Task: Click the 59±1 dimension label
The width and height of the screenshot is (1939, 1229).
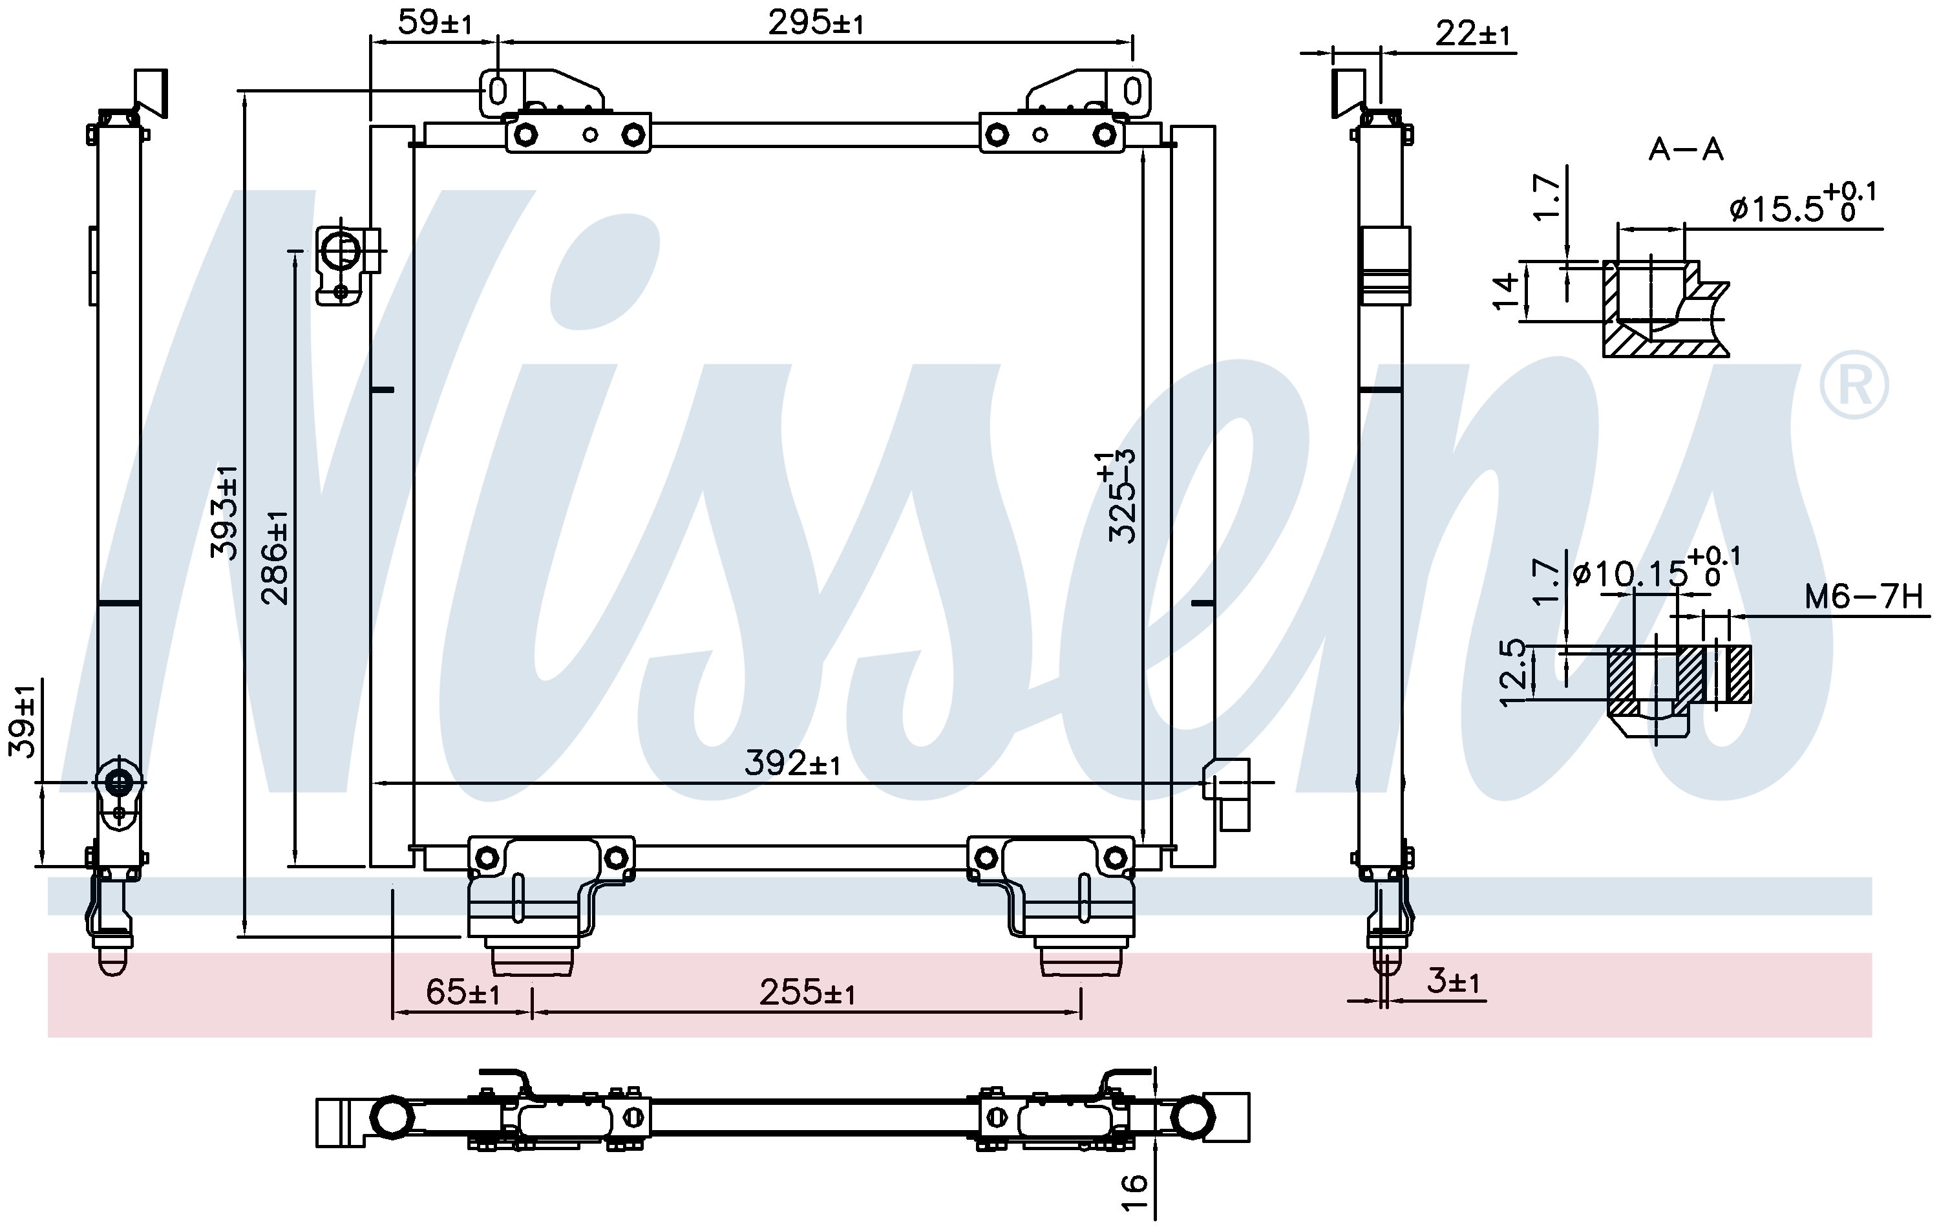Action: (435, 23)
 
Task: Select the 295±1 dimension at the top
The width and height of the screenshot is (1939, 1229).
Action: (816, 23)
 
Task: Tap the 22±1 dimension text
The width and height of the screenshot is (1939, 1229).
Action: (1473, 34)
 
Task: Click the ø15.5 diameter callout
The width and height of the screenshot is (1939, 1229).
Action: (1802, 203)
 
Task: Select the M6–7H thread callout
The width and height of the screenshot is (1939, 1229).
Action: (1863, 597)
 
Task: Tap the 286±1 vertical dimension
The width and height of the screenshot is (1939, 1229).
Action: (275, 557)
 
